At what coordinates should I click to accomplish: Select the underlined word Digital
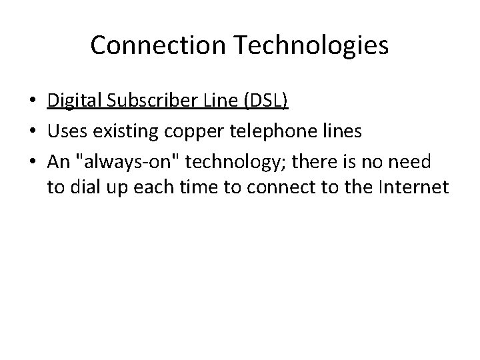point(71,101)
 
